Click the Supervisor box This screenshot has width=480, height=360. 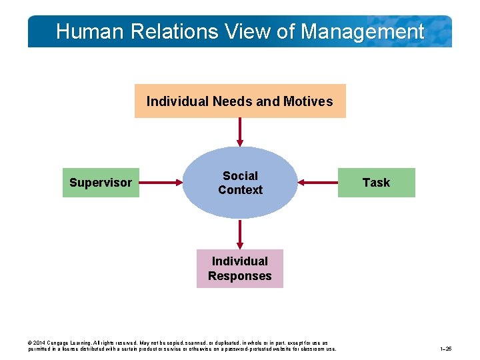pyautogui.click(x=101, y=183)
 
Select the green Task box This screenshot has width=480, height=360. pyautogui.click(x=376, y=183)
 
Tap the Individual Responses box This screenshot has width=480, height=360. pyautogui.click(x=239, y=269)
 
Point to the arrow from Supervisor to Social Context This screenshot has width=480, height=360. pyautogui.click(x=161, y=182)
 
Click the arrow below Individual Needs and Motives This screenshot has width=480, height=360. pyautogui.click(x=239, y=131)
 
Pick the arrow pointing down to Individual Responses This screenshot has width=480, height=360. pyautogui.click(x=239, y=234)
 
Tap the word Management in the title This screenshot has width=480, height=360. pyautogui.click(x=363, y=31)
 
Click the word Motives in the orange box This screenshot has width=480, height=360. pyautogui.click(x=307, y=101)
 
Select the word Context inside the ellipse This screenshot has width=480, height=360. pyautogui.click(x=240, y=190)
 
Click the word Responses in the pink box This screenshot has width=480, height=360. pyautogui.click(x=239, y=276)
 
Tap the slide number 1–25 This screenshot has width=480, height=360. pyautogui.click(x=446, y=349)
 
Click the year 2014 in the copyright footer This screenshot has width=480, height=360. pyautogui.click(x=39, y=343)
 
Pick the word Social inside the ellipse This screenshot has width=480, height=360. pyautogui.click(x=240, y=176)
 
